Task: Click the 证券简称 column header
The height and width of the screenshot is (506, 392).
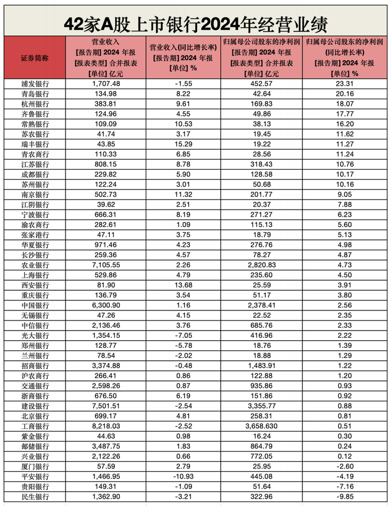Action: [x=34, y=58]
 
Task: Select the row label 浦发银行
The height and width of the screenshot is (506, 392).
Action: [x=35, y=83]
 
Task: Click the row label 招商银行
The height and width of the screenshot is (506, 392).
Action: [x=35, y=365]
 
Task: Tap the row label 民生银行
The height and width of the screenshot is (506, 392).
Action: [x=35, y=497]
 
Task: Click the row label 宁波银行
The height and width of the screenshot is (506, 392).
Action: [x=35, y=214]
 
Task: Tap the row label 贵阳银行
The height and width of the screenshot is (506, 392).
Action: [x=35, y=487]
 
